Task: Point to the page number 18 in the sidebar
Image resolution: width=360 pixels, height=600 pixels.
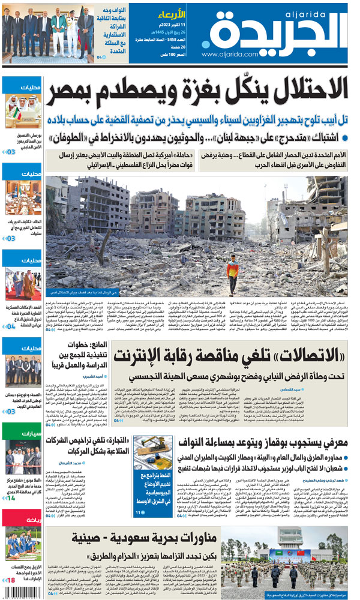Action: [11, 580]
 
